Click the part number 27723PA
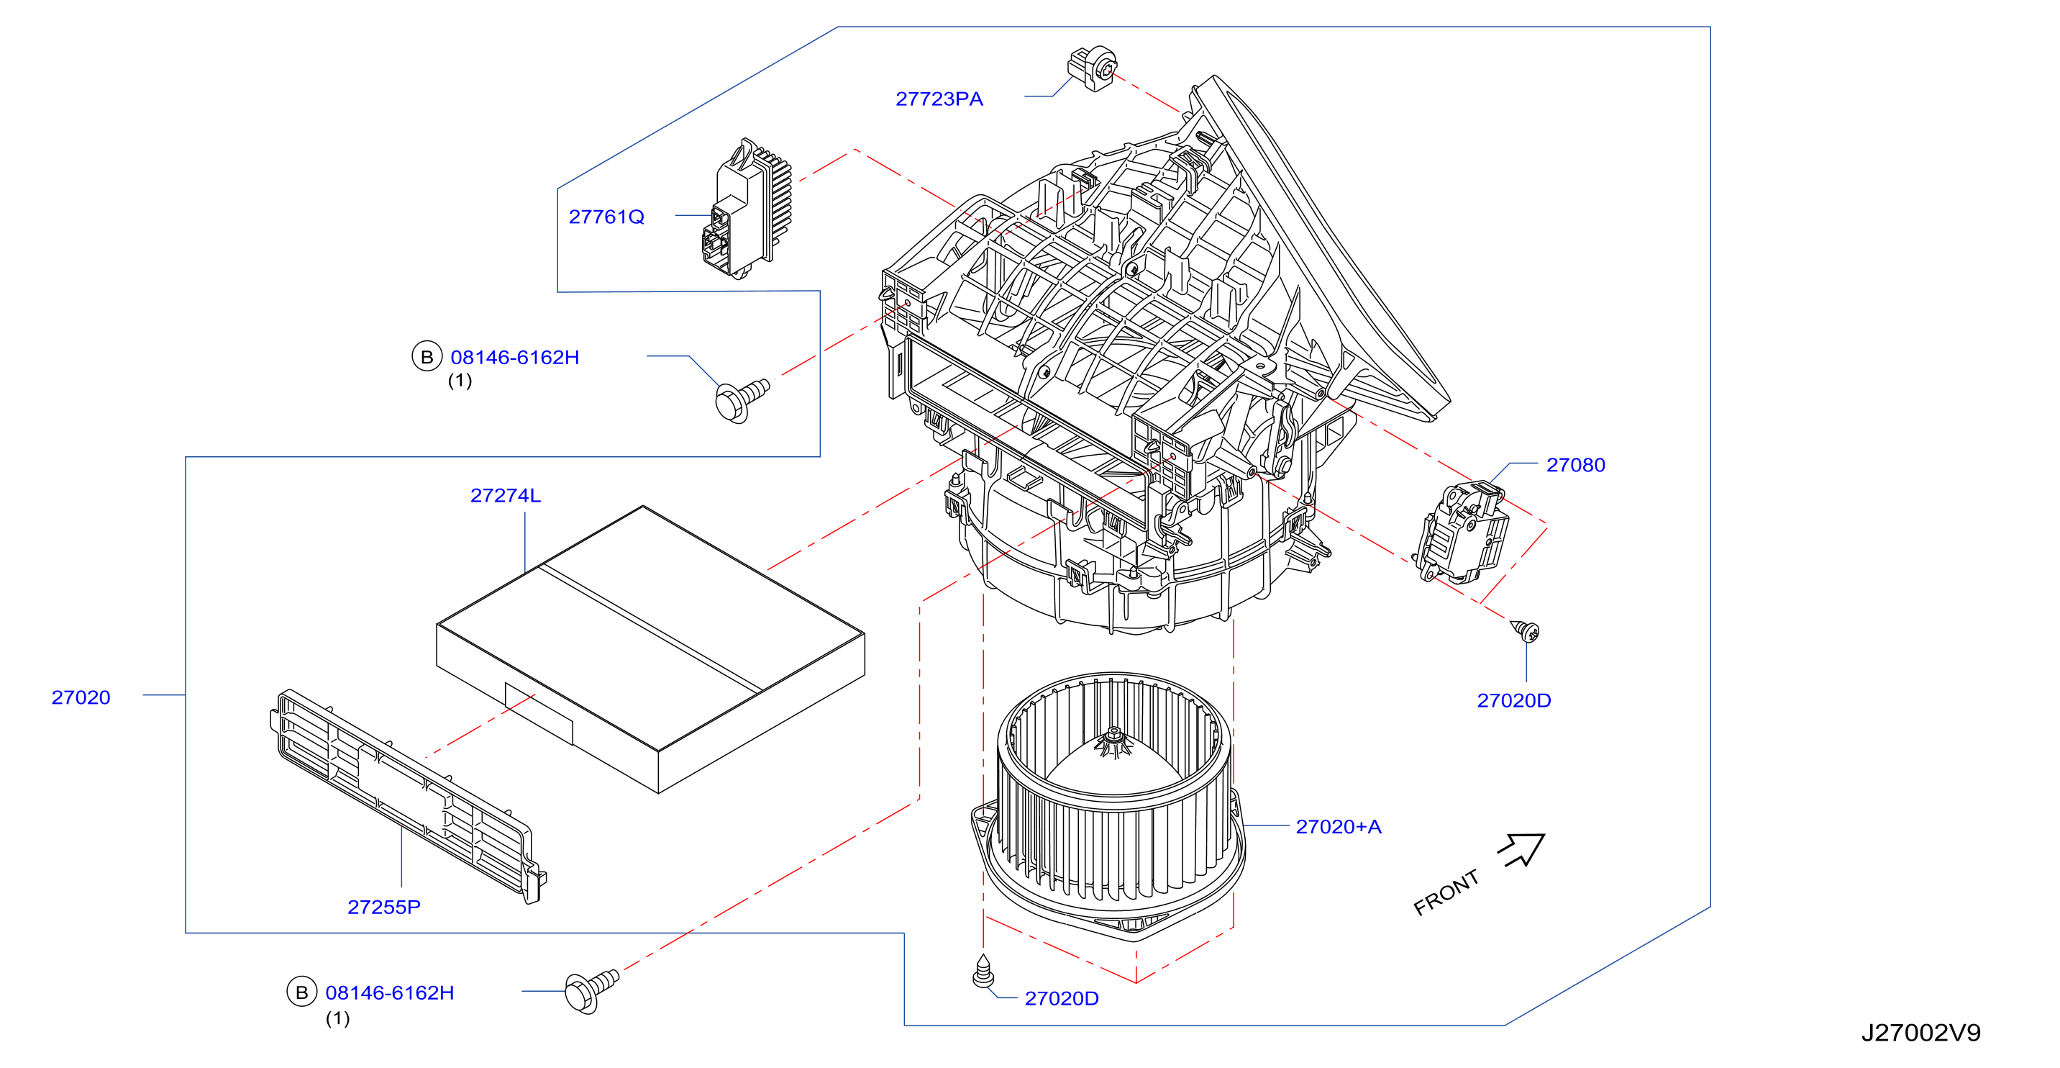939,99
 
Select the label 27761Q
606,217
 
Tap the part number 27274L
506,496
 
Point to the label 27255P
384,908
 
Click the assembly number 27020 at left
81,697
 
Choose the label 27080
1575,465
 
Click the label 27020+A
1339,826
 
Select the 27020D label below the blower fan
1062,998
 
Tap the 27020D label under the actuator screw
1514,701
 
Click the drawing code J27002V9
1921,1033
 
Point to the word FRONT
1446,893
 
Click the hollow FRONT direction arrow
1521,850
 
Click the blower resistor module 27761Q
747,209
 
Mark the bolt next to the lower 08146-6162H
591,990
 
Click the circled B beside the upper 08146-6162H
427,357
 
